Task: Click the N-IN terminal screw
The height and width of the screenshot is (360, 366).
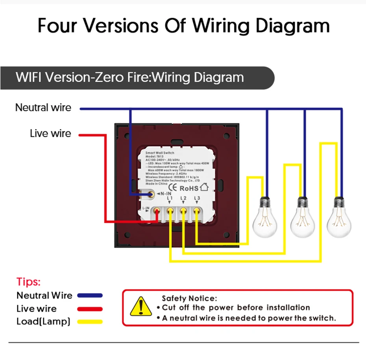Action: coord(150,193)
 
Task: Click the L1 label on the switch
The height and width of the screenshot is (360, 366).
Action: coord(170,198)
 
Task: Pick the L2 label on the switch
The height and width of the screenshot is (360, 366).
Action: coord(183,198)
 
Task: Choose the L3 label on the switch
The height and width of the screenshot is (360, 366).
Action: coord(196,198)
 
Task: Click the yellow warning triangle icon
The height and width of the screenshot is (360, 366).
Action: coord(138,307)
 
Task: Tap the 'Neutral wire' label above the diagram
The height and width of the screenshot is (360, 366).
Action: coord(43,107)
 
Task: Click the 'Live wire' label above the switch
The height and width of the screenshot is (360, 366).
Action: coord(50,134)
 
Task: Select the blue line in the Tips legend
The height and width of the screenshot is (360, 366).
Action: coord(90,296)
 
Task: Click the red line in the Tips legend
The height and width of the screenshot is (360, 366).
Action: coord(90,309)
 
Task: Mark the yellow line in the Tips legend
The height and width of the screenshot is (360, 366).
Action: coord(90,322)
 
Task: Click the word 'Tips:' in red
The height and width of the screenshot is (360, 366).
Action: coord(29,282)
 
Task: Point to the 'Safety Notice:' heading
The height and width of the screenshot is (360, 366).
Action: coord(189,299)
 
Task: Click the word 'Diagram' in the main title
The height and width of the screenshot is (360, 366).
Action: coord(292,26)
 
